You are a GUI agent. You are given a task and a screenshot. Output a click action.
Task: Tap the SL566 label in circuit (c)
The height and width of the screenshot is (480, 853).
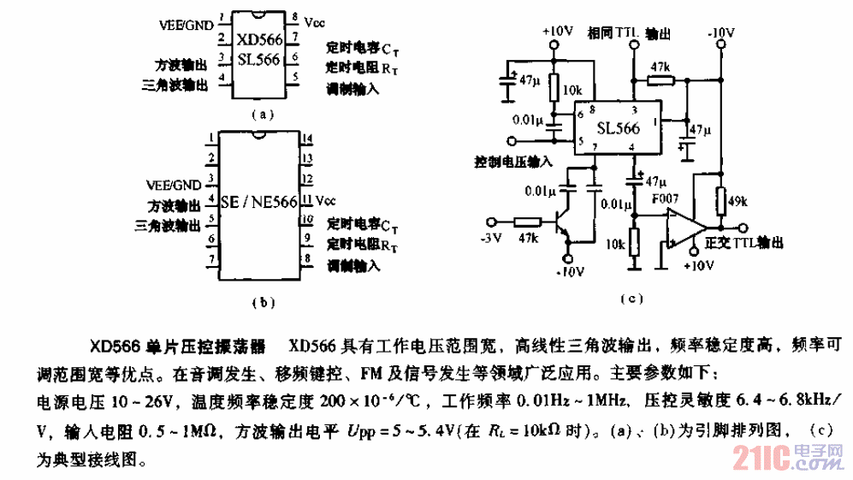[619, 129]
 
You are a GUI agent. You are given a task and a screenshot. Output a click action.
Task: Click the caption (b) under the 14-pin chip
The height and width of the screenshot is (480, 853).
[264, 301]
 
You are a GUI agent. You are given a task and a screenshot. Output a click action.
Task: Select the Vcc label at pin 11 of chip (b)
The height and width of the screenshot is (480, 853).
[326, 201]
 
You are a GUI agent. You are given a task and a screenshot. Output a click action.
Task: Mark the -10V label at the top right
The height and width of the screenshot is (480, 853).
[720, 32]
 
